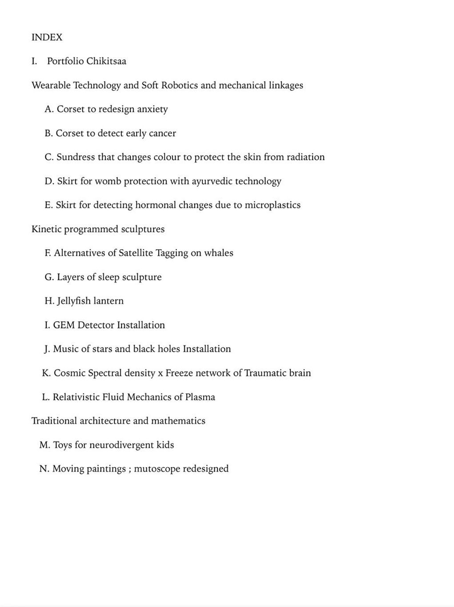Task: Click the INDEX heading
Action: [47, 37]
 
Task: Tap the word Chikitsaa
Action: [106, 61]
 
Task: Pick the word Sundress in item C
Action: [76, 157]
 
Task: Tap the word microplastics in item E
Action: [273, 205]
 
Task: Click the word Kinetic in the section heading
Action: [47, 229]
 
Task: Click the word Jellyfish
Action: [74, 301]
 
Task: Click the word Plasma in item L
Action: [200, 397]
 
